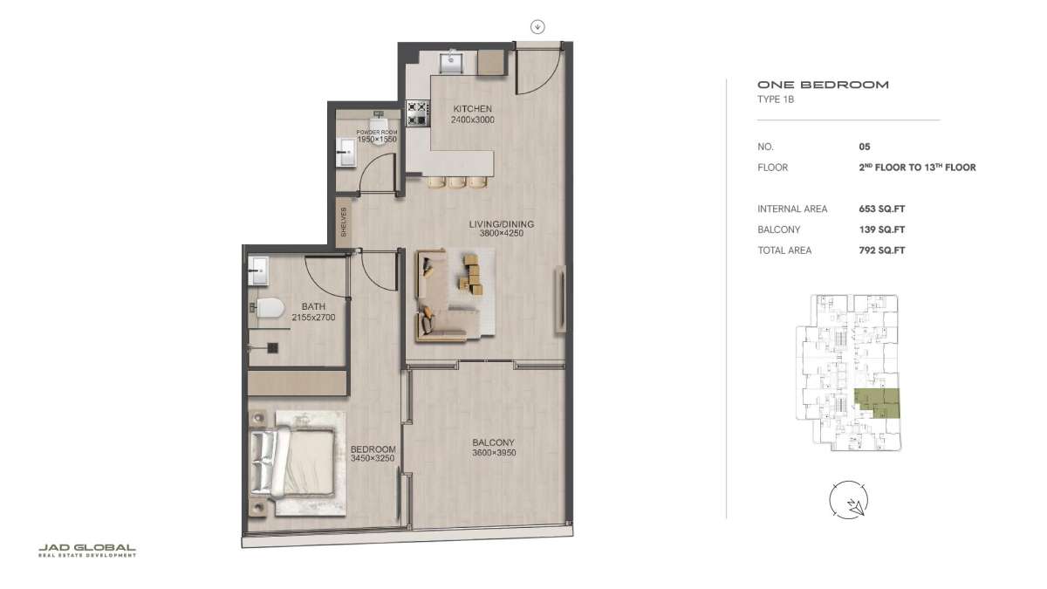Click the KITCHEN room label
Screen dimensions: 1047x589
pyautogui.click(x=472, y=109)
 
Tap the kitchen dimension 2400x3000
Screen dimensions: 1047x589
pyautogui.click(x=473, y=120)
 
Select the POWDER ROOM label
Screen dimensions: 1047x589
pyautogui.click(x=377, y=133)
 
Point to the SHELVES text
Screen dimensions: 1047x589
pyautogui.click(x=344, y=222)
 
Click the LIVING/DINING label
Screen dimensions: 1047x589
pyautogui.click(x=502, y=224)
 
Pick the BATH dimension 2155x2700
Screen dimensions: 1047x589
pyautogui.click(x=313, y=318)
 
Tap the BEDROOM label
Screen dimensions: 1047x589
pyautogui.click(x=373, y=449)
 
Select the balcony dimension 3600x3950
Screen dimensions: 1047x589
pyautogui.click(x=494, y=453)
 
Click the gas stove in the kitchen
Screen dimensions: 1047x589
pyautogui.click(x=418, y=113)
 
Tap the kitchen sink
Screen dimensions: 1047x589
pyautogui.click(x=451, y=62)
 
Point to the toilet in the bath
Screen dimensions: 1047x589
pyautogui.click(x=267, y=308)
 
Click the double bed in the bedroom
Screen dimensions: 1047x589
pyautogui.click(x=293, y=462)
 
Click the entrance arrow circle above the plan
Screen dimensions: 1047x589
pyautogui.click(x=537, y=27)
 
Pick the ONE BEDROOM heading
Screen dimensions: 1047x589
pyautogui.click(x=823, y=85)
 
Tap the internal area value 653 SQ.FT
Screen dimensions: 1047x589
pyautogui.click(x=881, y=209)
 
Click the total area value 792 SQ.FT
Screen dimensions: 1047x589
pyautogui.click(x=881, y=250)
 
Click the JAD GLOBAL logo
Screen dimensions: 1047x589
pyautogui.click(x=87, y=551)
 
